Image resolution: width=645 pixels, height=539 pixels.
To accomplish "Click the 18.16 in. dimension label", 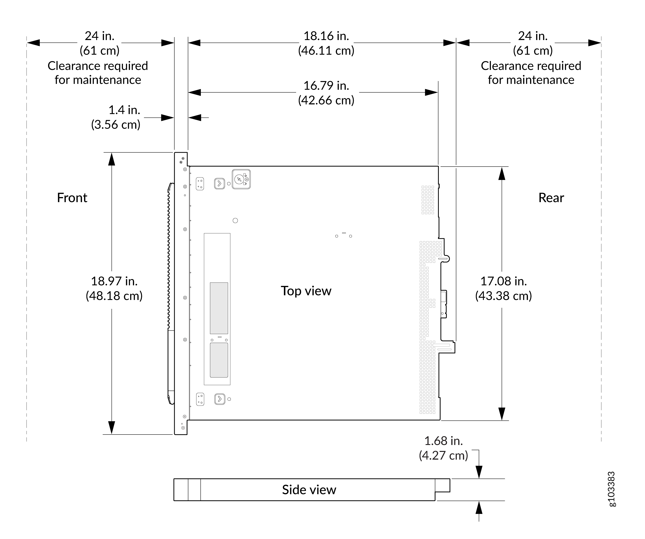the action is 326,36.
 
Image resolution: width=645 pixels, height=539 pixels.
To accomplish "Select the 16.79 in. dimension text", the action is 326,86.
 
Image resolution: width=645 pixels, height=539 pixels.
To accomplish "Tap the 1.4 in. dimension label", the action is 124,110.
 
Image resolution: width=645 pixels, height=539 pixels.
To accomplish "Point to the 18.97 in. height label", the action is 114,281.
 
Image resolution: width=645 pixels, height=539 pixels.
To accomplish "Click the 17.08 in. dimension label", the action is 504,281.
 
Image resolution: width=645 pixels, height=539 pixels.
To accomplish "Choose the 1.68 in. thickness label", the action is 443,441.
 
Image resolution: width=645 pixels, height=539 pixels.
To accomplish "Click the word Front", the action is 72,198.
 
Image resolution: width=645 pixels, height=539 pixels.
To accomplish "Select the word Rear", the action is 551,198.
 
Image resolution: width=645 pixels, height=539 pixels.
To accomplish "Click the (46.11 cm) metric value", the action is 326,51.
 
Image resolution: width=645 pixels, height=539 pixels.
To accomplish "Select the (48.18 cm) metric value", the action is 114,296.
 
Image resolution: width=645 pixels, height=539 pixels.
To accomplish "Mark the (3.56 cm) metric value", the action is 116,125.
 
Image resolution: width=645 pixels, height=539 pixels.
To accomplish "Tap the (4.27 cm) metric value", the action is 443,455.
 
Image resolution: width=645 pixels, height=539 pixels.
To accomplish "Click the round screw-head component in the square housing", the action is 239,179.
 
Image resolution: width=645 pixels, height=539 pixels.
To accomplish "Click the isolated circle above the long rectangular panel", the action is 235,220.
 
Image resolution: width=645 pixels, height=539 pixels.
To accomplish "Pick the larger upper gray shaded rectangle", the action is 219,308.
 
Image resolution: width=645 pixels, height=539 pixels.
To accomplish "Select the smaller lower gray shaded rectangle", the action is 219,360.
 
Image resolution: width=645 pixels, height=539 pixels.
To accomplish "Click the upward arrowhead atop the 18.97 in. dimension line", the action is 111,159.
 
